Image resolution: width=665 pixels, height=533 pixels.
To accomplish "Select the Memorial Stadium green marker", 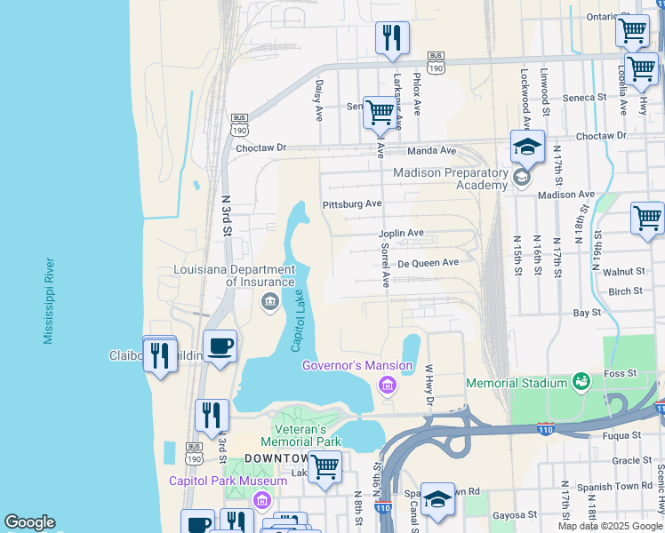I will (x=582, y=382).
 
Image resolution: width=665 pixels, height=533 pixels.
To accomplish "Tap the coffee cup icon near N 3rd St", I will (x=220, y=346).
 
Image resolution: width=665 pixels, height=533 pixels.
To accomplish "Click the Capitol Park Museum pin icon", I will (x=260, y=501).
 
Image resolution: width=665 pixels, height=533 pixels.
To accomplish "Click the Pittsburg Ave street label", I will (x=351, y=203).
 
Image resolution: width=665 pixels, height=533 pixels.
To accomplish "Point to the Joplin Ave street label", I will (x=401, y=233).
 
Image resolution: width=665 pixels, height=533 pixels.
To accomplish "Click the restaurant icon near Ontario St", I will (x=392, y=38).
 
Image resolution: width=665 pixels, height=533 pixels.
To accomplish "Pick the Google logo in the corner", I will (x=29, y=522).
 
